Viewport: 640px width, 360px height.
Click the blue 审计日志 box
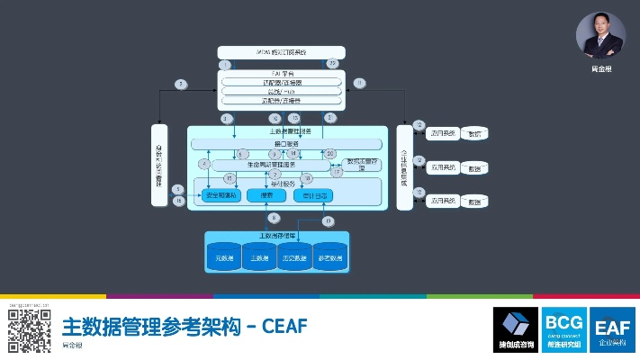coord(314,195)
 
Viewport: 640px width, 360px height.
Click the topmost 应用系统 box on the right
coord(441,133)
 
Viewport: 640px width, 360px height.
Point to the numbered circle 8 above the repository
coord(274,218)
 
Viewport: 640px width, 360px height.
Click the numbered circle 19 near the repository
coord(328,221)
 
